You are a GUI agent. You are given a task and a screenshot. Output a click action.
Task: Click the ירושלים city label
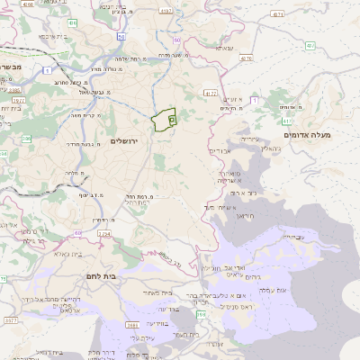coord(126,141)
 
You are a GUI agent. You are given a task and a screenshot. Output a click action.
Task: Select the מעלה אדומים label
coord(307,135)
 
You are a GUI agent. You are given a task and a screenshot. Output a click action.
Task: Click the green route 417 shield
coord(287,120)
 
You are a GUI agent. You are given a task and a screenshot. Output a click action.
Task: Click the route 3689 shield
coord(132,325)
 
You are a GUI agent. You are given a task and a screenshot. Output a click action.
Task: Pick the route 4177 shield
coord(211,93)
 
